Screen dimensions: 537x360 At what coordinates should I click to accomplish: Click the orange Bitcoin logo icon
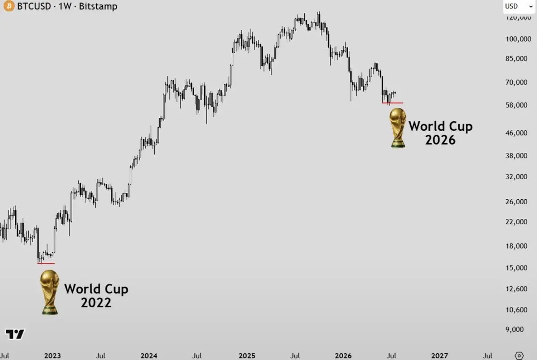tap(9, 6)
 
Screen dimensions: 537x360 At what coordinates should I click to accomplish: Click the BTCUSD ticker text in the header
tap(34, 6)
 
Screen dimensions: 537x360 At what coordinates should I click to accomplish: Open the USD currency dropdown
tap(519, 6)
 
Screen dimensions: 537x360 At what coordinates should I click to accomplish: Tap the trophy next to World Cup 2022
tap(50, 292)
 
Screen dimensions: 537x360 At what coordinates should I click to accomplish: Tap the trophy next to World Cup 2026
tap(398, 128)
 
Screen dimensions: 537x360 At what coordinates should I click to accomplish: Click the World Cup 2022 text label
tap(96, 296)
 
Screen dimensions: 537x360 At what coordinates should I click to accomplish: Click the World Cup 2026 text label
tap(441, 133)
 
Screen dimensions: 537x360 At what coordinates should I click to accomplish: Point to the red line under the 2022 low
tap(46, 263)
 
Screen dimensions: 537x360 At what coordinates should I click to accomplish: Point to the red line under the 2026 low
tap(392, 103)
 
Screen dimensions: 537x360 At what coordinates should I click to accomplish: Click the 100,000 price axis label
tap(518, 39)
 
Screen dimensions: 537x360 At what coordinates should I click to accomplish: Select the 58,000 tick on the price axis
tap(516, 105)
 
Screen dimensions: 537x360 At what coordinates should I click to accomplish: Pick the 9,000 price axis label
tap(515, 329)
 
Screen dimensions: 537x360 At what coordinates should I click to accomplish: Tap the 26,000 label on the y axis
tap(516, 201)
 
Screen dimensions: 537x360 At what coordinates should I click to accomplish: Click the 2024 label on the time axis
tap(149, 356)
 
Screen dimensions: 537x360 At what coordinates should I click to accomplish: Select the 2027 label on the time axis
tap(439, 356)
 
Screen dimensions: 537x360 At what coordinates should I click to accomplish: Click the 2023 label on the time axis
tap(52, 356)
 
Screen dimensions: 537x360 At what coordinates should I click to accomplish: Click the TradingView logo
tap(15, 334)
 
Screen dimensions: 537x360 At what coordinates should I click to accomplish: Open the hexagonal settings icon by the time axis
tap(519, 356)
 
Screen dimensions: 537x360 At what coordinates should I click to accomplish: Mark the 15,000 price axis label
tap(516, 268)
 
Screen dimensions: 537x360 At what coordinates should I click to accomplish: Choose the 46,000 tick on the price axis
tap(516, 133)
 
